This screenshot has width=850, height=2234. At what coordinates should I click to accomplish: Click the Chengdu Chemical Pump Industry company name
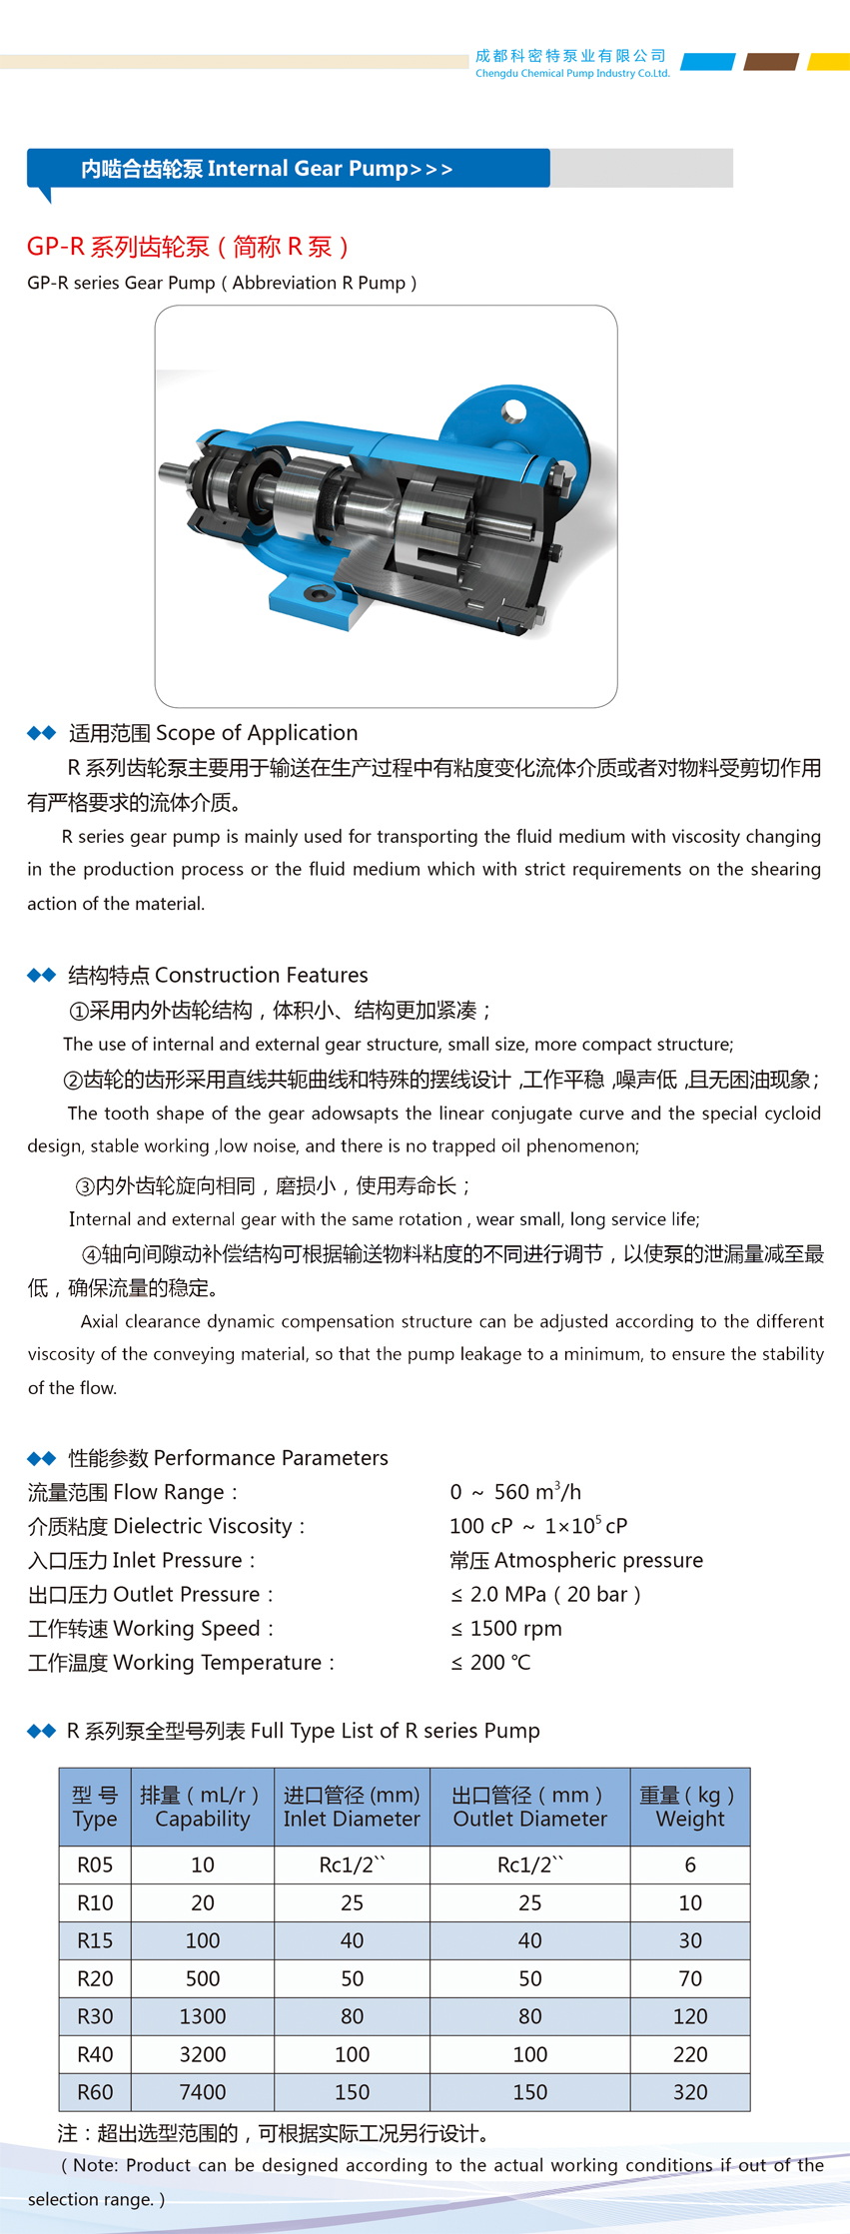click(571, 64)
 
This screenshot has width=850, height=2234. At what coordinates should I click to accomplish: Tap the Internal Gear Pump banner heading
click(267, 169)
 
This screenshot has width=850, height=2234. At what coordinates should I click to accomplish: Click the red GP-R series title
click(188, 247)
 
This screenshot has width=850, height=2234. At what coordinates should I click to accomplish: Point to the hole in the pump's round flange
click(514, 409)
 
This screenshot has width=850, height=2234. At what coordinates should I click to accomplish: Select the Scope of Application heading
click(213, 733)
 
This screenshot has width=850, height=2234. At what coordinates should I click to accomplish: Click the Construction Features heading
click(218, 975)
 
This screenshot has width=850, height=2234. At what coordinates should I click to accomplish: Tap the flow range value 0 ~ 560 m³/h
click(514, 1492)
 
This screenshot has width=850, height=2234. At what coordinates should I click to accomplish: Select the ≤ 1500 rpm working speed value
click(506, 1629)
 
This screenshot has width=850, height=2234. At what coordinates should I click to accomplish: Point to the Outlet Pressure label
click(151, 1595)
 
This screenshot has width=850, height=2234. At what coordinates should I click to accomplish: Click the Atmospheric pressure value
click(576, 1560)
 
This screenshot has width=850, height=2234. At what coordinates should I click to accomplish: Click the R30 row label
click(95, 2016)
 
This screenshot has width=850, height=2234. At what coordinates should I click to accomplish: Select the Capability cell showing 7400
click(202, 2092)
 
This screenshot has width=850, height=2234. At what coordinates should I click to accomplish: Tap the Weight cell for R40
click(689, 2054)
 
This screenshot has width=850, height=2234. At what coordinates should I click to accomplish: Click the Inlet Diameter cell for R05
click(352, 1864)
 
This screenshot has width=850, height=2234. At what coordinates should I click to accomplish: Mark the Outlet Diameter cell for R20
click(529, 1978)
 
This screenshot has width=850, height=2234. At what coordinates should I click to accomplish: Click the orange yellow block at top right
click(829, 62)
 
